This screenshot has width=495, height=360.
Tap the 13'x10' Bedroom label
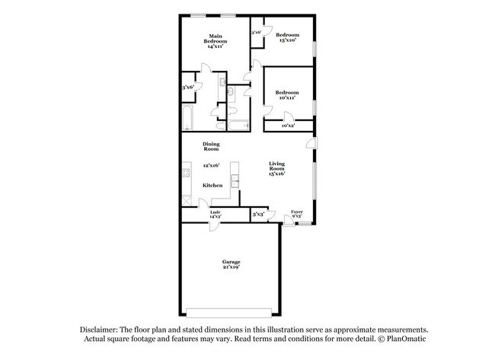[x=287, y=38]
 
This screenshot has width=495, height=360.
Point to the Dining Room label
[x=212, y=146]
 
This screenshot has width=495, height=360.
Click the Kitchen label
[x=212, y=185]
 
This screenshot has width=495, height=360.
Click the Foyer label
[x=297, y=213]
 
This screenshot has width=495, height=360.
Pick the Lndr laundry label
[x=216, y=214]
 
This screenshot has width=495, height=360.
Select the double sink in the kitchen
[x=236, y=182]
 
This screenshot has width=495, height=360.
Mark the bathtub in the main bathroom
[x=187, y=118]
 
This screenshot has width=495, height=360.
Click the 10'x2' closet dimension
[x=289, y=125]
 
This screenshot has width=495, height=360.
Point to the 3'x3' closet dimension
[x=258, y=215]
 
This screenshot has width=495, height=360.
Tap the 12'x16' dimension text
[x=211, y=165]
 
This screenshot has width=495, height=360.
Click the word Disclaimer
[x=101, y=327]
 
